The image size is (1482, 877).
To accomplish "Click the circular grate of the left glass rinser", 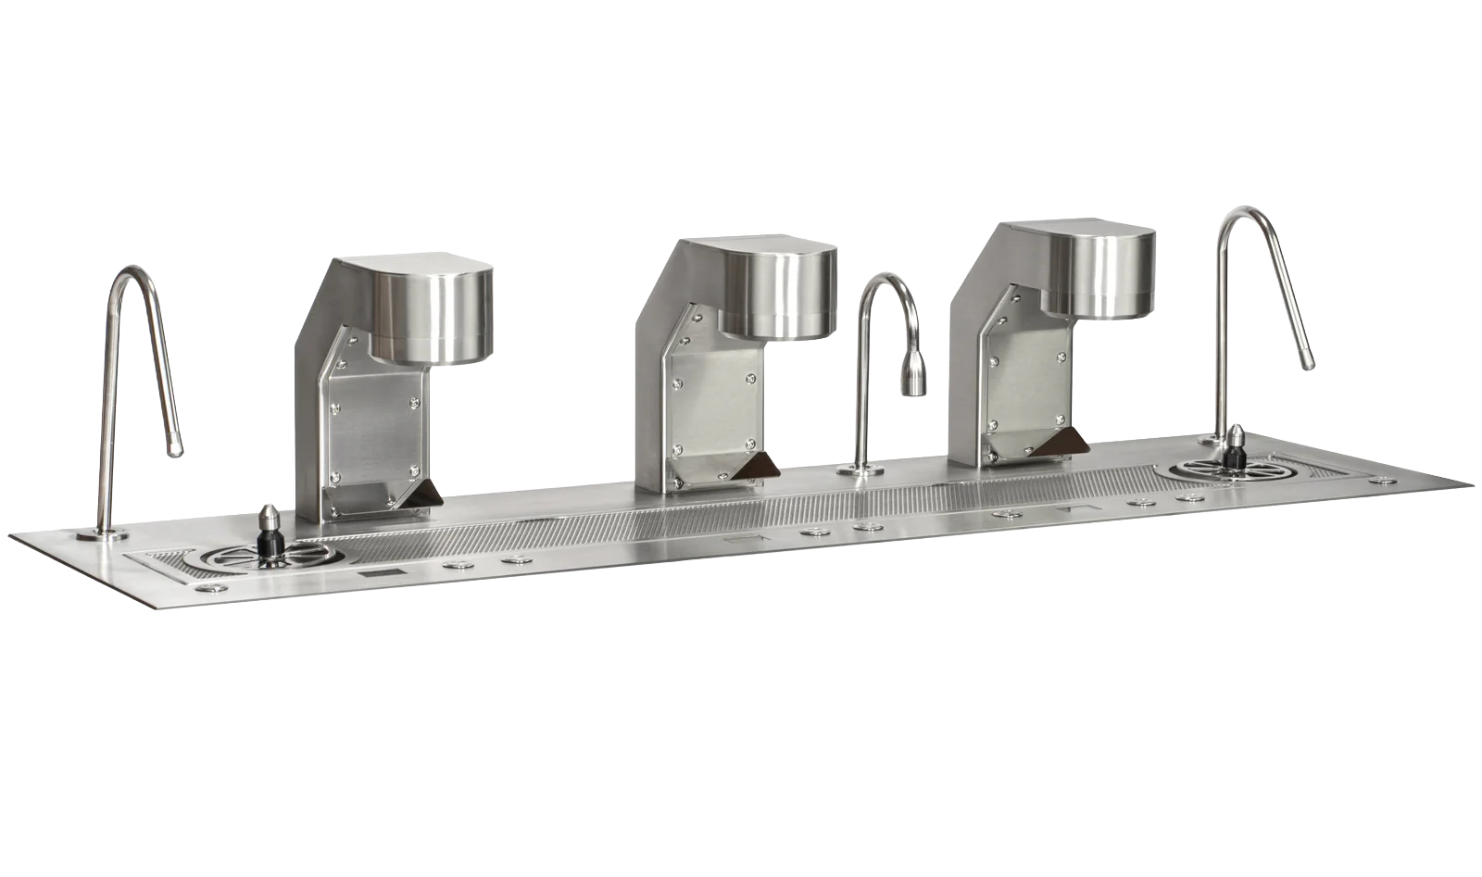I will [x=238, y=562].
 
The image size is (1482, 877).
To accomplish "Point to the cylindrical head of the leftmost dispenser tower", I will [x=430, y=307].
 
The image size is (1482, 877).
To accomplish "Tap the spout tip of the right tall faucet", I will [x=1306, y=363].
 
